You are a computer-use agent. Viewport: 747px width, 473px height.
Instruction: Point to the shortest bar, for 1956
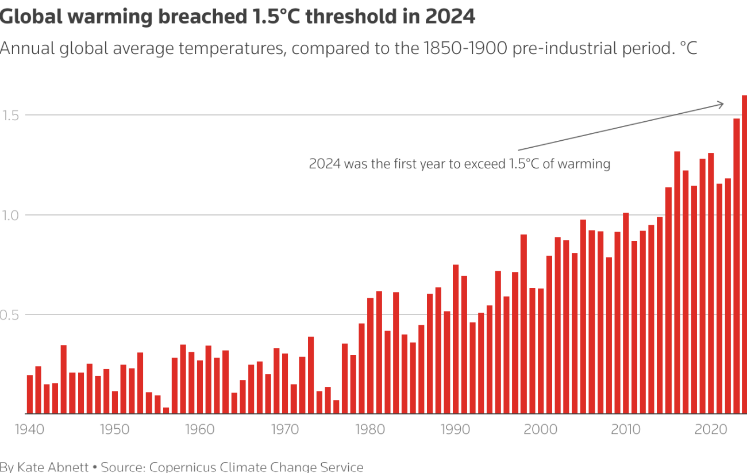(166, 410)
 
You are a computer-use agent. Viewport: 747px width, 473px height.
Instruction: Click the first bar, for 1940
(30, 394)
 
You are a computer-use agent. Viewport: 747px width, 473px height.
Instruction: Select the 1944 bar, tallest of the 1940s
(64, 379)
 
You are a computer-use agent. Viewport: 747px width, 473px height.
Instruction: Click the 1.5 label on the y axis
(10, 116)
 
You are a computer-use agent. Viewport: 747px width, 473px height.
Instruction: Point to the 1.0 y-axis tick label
(10, 216)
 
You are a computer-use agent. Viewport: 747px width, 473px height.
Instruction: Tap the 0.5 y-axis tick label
(10, 315)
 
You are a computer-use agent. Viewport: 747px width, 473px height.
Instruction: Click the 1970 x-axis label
(284, 430)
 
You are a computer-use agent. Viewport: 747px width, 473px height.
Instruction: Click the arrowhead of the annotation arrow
(722, 104)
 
